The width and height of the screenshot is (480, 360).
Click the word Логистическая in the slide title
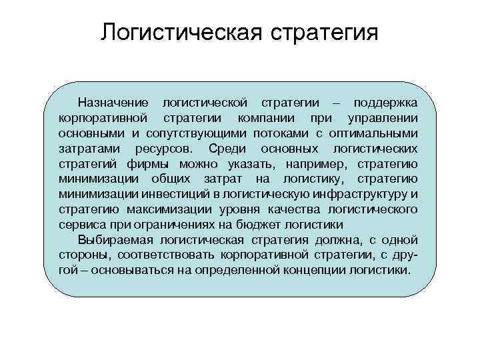click(179, 33)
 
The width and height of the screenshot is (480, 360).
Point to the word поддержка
click(386, 103)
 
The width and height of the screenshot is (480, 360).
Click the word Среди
click(230, 148)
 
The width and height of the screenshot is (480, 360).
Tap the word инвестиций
click(167, 193)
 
